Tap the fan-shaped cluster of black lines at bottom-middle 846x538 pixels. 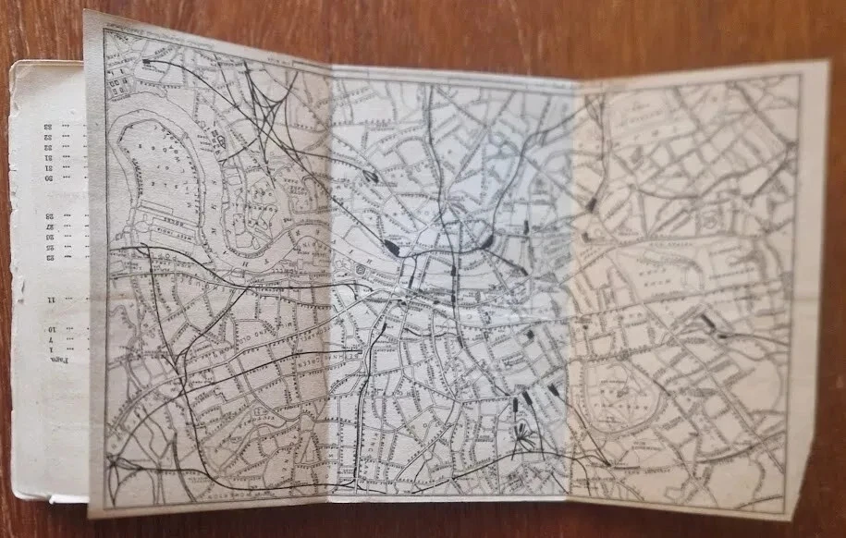524,435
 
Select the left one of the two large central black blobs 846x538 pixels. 391,247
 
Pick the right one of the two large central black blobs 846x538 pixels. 485,241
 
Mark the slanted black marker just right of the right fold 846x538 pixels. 590,205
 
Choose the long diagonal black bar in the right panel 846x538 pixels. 709,322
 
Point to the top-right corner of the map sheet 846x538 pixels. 801,63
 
